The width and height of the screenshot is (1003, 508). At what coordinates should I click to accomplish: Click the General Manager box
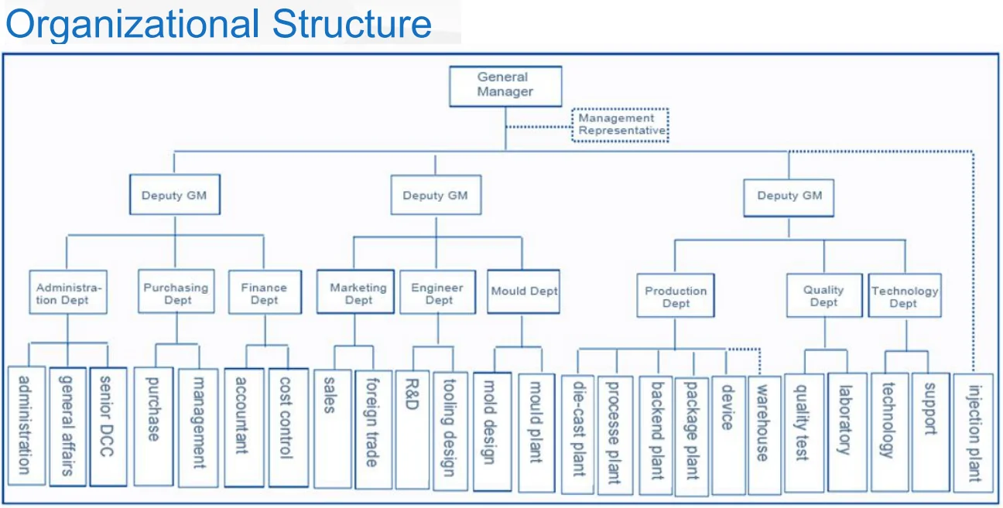click(505, 85)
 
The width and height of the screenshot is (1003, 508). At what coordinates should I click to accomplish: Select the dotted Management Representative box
click(621, 124)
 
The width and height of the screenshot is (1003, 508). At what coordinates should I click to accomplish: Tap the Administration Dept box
click(68, 292)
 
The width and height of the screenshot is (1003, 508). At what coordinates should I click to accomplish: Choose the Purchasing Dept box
click(176, 292)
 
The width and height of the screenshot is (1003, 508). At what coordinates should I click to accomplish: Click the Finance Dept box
click(265, 292)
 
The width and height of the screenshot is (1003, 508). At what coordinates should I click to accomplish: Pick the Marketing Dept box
click(357, 292)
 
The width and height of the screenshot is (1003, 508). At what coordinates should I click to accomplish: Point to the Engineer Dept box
click(437, 292)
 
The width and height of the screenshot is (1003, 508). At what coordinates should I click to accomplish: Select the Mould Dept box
click(523, 292)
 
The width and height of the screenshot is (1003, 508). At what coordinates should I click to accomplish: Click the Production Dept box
click(676, 296)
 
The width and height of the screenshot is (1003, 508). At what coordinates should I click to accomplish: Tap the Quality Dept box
click(823, 295)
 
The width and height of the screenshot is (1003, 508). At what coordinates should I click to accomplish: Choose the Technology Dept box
click(904, 295)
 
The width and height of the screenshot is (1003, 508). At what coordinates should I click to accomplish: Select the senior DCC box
click(108, 426)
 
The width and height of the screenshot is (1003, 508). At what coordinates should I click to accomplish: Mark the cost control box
click(288, 427)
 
